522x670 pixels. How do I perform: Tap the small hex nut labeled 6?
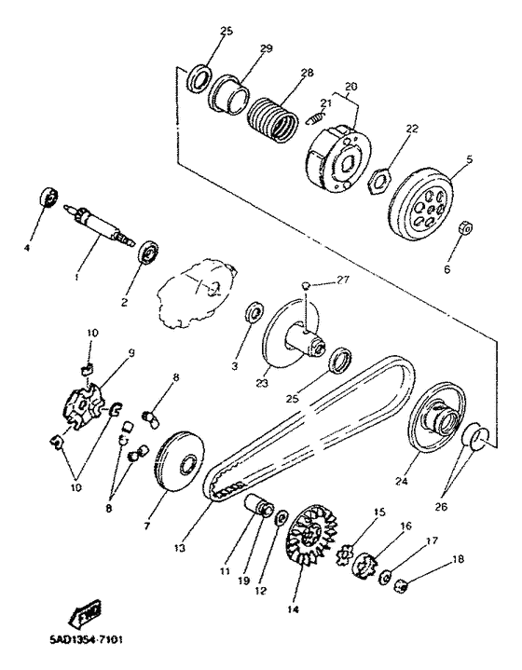coord(466,227)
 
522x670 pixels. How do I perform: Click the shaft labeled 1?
coord(99,226)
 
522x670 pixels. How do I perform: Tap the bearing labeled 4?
coord(49,197)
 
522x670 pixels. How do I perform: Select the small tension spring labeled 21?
coord(316,115)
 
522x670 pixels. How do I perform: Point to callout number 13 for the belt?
coord(180,548)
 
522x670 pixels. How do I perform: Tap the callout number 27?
coord(342,280)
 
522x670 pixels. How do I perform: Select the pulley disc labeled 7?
coord(180,463)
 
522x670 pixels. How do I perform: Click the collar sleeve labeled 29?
coord(228,94)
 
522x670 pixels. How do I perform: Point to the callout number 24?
coord(402,481)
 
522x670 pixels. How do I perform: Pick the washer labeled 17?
coord(384,578)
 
